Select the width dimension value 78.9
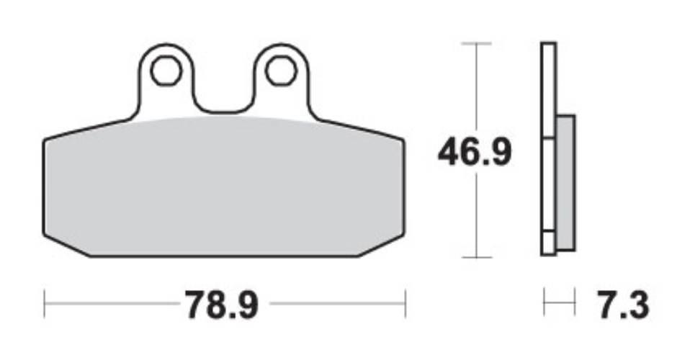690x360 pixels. [221, 305]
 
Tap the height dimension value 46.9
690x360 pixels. [476, 153]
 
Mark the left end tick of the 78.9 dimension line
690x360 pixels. [45, 304]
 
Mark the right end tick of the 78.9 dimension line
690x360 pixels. [406, 304]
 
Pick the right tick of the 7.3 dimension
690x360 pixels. [575, 304]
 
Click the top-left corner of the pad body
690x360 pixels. [45, 140]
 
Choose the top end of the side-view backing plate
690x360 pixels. [549, 45]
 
